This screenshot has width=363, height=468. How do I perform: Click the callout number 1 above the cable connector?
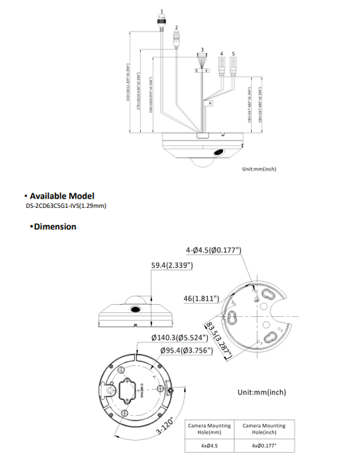click(x=161, y=12)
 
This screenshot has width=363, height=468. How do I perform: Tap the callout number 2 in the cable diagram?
click(x=176, y=27)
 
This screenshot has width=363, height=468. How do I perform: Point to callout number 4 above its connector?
click(x=222, y=52)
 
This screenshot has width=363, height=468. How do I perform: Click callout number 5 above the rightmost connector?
click(x=233, y=52)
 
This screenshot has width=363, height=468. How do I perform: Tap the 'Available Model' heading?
click(x=65, y=195)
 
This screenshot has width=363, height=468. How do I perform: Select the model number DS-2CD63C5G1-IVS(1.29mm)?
click(x=66, y=205)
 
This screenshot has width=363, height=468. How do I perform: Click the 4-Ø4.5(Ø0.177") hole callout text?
click(x=214, y=251)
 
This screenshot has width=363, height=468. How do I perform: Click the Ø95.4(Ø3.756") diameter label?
click(x=186, y=350)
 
